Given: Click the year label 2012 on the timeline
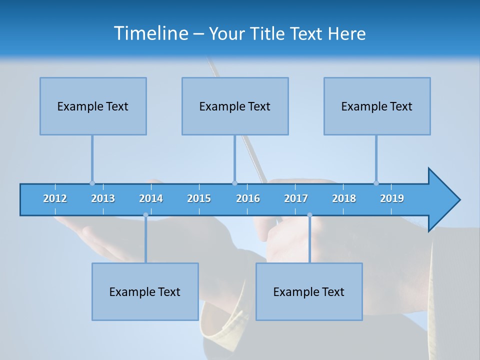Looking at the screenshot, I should pyautogui.click(x=55, y=198).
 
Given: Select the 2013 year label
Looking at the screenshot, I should pyautogui.click(x=103, y=198).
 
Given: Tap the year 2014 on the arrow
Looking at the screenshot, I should pyautogui.click(x=151, y=198).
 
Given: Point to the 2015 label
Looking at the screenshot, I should pyautogui.click(x=199, y=198).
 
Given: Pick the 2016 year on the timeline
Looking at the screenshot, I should pyautogui.click(x=248, y=198).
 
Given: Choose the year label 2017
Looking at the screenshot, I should pyautogui.click(x=296, y=198).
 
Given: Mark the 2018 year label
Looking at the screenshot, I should pyautogui.click(x=344, y=198).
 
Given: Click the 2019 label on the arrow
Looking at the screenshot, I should pyautogui.click(x=392, y=198).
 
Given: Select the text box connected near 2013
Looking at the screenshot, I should pyautogui.click(x=93, y=106).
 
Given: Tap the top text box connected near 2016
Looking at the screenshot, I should pyautogui.click(x=235, y=106).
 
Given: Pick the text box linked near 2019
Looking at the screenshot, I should pyautogui.click(x=377, y=106).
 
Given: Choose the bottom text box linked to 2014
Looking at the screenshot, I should pyautogui.click(x=145, y=291).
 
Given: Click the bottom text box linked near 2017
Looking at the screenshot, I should pyautogui.click(x=309, y=291).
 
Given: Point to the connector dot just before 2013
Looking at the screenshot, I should pyautogui.click(x=92, y=183).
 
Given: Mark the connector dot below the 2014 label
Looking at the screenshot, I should pyautogui.click(x=145, y=215).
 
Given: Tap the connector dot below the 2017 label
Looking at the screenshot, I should pyautogui.click(x=309, y=215).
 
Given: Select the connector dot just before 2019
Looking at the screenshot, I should pyautogui.click(x=376, y=183).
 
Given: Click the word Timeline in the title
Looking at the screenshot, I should pyautogui.click(x=150, y=33).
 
